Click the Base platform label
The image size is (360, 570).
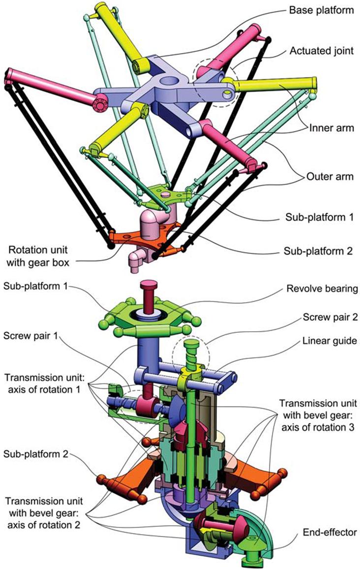coord(321,10)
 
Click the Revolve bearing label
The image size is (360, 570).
coord(322,289)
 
